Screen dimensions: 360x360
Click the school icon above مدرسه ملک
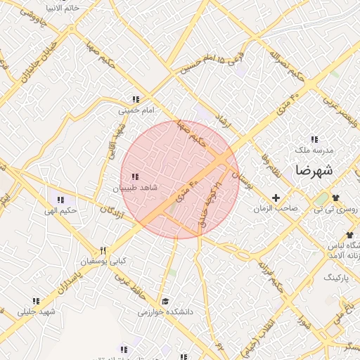tap(314, 139)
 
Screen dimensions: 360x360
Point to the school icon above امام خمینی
tap(135, 100)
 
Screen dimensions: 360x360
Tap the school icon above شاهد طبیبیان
tap(135, 176)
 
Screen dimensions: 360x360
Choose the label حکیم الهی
tap(59, 211)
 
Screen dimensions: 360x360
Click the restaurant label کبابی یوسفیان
tap(103, 261)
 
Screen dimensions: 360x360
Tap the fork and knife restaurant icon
tap(103, 250)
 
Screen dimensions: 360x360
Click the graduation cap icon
tap(165, 300)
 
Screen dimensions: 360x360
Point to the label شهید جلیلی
tap(37, 311)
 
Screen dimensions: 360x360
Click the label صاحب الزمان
tap(276, 209)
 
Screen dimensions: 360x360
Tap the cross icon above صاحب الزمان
tap(276, 198)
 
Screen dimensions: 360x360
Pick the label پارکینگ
tap(340, 278)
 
